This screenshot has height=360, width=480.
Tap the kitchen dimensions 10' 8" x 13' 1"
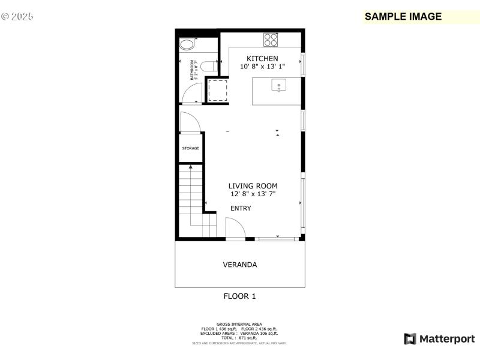[262, 67]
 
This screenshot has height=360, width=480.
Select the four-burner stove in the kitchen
[271, 40]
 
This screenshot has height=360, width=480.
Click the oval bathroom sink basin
[187, 44]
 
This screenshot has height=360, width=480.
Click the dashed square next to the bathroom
[216, 90]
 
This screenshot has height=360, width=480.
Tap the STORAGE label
[191, 148]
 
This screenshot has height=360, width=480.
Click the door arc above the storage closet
[190, 122]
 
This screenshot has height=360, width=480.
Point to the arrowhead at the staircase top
[191, 167]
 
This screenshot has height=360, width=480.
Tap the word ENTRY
[241, 208]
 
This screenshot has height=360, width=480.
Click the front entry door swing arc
[235, 228]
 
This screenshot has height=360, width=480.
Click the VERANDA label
[240, 265]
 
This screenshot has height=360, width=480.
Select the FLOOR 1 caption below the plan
[240, 296]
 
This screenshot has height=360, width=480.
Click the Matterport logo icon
[410, 339]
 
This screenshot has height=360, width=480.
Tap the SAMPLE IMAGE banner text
[403, 17]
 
